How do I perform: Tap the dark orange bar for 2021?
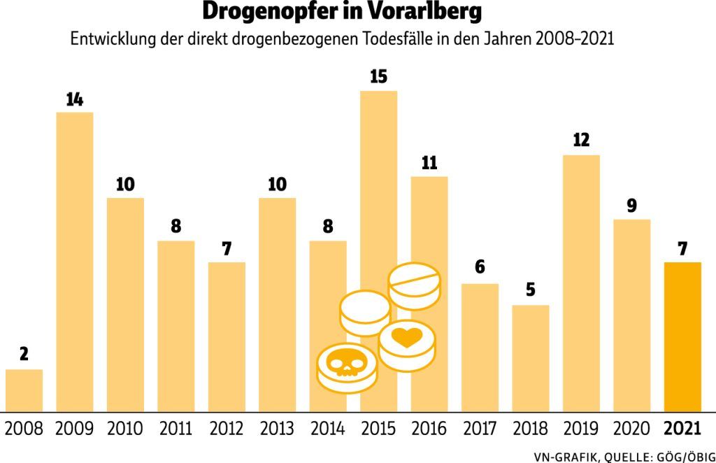(x=682, y=336)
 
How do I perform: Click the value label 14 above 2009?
(x=75, y=99)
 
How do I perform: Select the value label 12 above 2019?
(x=581, y=141)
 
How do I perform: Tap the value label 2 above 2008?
(x=24, y=355)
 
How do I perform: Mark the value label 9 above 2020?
(x=631, y=206)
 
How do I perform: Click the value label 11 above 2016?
(x=429, y=164)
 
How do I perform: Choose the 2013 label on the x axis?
(x=277, y=428)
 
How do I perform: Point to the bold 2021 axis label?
(x=682, y=428)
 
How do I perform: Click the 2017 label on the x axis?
(x=480, y=428)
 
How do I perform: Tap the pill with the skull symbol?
(x=346, y=366)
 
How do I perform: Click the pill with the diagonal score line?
(x=415, y=284)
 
